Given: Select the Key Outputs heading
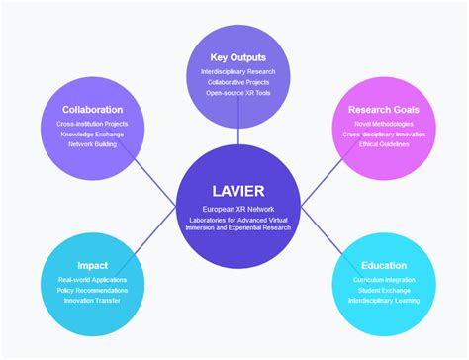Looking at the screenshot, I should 234,57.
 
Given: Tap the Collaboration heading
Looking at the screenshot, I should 92,109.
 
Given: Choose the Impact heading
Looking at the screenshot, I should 92,266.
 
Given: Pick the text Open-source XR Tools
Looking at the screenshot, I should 234,93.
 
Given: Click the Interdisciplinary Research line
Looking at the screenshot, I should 234,72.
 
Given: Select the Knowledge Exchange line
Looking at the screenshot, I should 92,134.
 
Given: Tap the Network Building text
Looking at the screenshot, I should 92,144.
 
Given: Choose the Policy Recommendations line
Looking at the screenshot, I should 92,291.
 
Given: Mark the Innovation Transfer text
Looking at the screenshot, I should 92,302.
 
